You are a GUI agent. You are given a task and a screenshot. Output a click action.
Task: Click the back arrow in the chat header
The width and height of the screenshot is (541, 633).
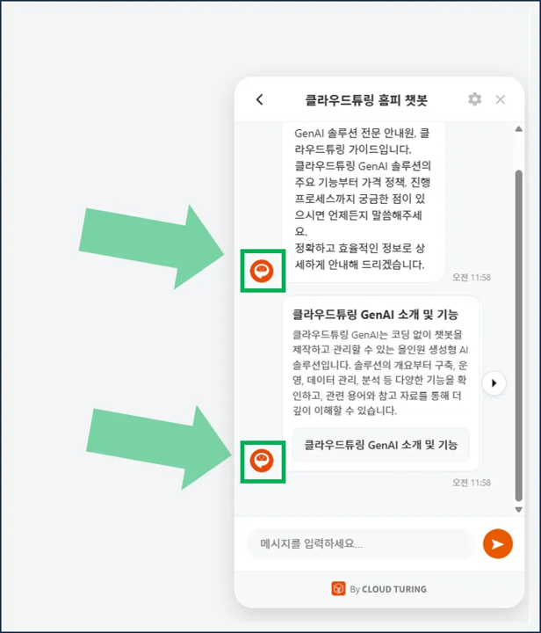coord(259,99)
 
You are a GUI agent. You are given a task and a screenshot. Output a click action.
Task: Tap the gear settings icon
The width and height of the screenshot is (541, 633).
coord(474,99)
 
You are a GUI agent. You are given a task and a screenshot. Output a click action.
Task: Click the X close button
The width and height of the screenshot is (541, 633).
coord(501,99)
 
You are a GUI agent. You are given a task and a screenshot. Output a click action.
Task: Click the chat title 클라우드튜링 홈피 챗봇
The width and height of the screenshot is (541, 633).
coord(366,100)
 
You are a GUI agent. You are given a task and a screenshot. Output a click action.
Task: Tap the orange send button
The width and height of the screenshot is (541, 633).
coord(497,544)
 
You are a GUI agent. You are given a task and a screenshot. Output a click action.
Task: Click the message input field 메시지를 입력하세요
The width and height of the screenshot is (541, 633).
coord(360,544)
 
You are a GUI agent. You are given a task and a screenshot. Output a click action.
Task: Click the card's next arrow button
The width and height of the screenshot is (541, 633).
coord(494,383)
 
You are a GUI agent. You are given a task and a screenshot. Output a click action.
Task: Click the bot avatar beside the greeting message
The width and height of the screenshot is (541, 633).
coord(262,271)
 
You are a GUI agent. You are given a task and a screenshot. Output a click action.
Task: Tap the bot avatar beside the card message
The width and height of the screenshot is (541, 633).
coord(262,460)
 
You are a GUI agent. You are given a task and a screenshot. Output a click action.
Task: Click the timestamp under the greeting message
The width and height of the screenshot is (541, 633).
coord(472,278)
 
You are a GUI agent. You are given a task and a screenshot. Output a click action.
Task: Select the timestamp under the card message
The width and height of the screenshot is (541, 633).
coord(472,483)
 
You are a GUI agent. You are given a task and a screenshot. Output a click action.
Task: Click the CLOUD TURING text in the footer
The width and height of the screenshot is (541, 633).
coord(393,589)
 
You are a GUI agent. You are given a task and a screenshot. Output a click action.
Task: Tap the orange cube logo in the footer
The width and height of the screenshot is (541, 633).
coord(338,589)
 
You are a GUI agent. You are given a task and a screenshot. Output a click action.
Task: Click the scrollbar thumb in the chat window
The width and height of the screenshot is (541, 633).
coord(518,334)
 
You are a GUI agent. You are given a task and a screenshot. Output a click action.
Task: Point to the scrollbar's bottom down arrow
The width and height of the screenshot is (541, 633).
coord(518,509)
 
